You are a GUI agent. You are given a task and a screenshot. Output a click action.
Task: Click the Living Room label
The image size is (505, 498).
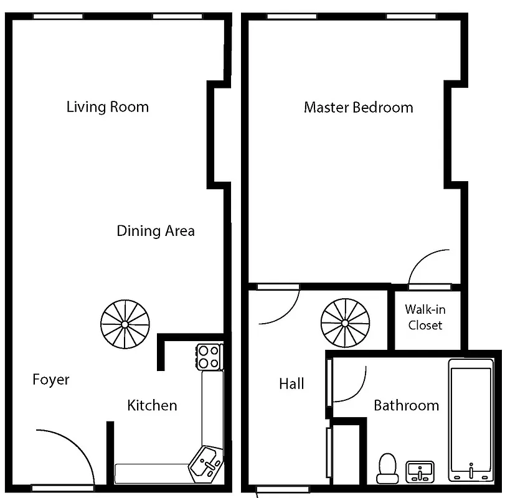point(108,106)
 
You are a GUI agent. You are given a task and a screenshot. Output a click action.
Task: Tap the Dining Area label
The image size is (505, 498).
point(156,231)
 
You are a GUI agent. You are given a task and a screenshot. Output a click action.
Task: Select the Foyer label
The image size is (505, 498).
point(51,380)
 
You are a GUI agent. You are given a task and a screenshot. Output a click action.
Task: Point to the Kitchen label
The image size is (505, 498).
point(152,405)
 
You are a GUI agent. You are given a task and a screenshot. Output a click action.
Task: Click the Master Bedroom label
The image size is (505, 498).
point(358,107)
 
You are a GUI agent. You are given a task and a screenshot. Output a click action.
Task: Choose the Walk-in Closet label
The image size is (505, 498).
point(425,317)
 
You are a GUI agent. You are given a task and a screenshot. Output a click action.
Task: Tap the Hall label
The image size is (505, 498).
point(291,383)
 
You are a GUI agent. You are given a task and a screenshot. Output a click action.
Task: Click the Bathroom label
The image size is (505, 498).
point(406,405)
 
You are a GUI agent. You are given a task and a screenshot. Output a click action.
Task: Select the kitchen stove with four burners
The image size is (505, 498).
point(209,357)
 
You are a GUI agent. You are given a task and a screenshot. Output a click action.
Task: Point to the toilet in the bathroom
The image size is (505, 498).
point(387,467)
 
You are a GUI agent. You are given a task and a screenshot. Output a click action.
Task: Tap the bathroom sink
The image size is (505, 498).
point(420,471)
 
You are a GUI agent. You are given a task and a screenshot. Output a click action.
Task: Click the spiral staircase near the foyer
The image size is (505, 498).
point(125,324)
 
